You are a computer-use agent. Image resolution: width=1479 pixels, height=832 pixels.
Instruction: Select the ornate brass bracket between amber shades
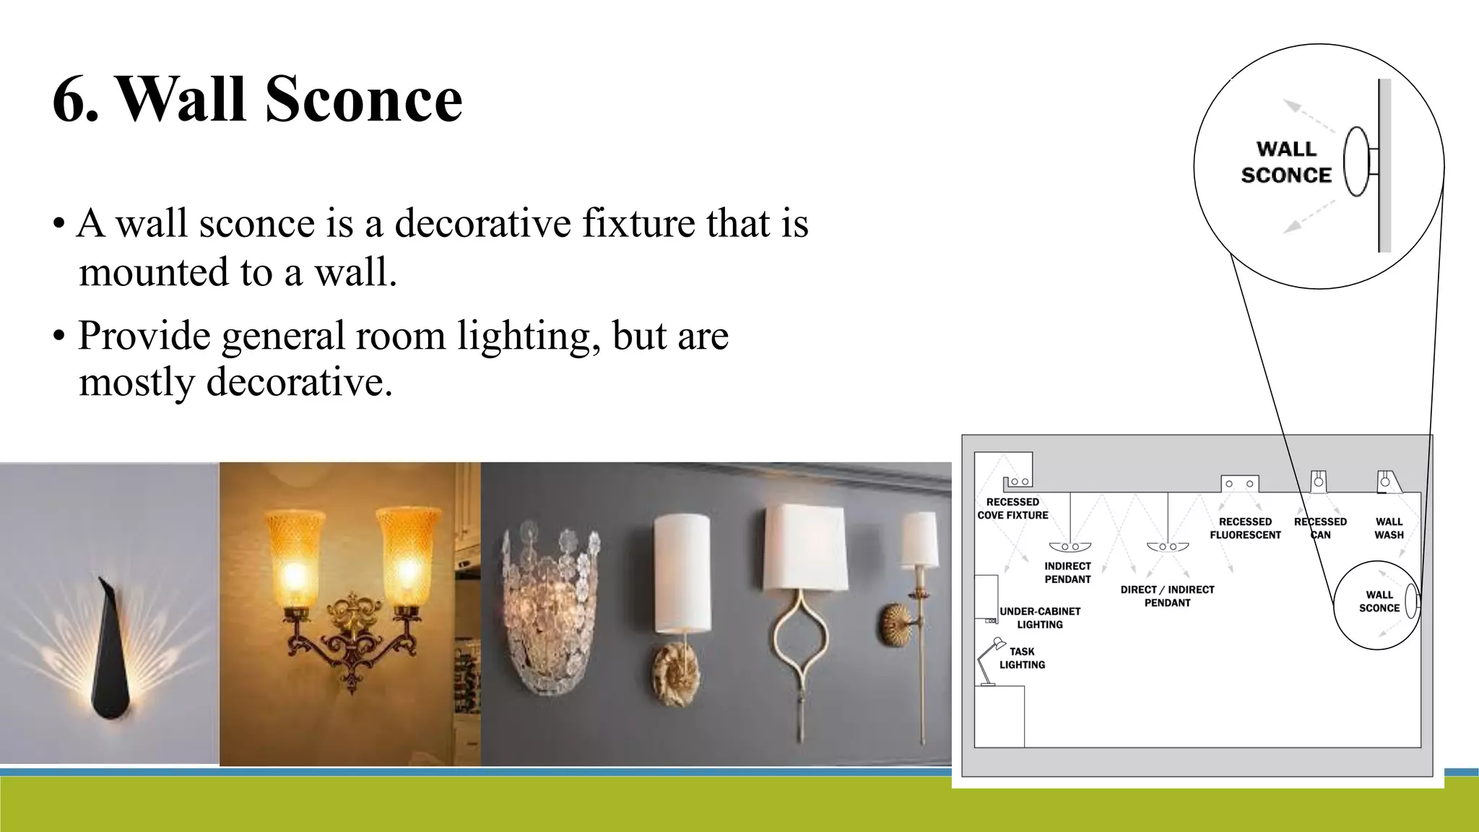[x=352, y=636]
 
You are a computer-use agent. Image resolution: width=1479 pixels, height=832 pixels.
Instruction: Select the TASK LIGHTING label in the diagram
[x=1022, y=658]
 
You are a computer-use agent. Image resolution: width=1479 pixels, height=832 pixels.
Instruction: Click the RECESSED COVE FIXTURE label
[x=1012, y=508]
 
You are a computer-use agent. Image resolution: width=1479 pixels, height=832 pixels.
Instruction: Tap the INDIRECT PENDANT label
[x=1067, y=573]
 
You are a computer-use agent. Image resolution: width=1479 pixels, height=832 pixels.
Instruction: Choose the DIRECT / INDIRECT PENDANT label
[x=1167, y=596]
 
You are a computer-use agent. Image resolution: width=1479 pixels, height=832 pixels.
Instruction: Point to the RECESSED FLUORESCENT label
[x=1245, y=528]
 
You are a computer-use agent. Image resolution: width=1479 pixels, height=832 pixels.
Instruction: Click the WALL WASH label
[x=1388, y=528]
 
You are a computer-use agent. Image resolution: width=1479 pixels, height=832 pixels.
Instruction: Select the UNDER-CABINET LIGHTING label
[x=1040, y=617]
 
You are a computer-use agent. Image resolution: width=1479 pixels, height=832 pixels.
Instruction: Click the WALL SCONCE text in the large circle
[x=1285, y=162]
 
